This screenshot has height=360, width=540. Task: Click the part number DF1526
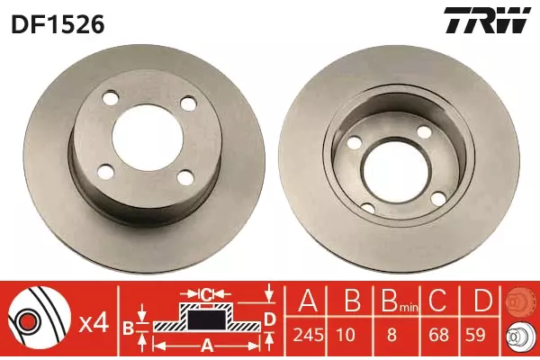[x=58, y=24]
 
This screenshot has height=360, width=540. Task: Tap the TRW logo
[x=487, y=20]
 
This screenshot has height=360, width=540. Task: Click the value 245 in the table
[x=308, y=335]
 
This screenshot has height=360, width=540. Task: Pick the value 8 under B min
[x=391, y=335]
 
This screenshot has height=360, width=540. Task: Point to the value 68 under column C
[x=439, y=335]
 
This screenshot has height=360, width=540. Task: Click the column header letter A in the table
[x=308, y=301]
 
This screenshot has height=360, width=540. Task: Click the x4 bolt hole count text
[x=94, y=324]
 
